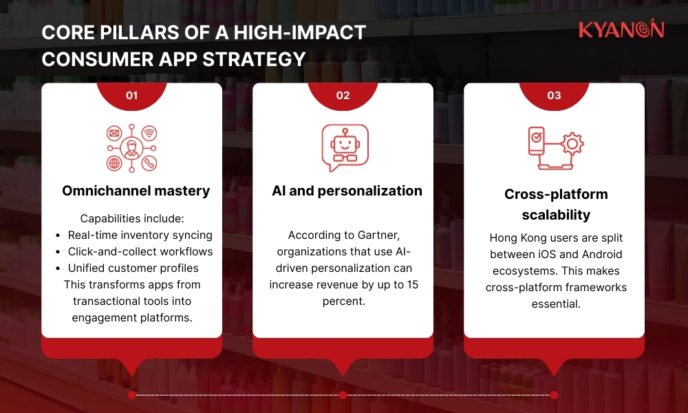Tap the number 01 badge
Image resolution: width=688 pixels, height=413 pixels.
click(131, 96)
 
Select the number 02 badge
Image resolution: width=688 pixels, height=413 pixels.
click(343, 96)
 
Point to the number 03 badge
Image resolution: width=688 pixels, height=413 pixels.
click(554, 96)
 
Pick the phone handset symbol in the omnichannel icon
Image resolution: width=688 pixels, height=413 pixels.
click(149, 164)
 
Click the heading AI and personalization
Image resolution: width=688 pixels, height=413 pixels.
click(347, 191)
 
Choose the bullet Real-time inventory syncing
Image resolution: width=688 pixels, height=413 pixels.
click(140, 235)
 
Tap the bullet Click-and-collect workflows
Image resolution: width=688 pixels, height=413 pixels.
click(140, 251)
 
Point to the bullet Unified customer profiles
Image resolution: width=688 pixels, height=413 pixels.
click(133, 268)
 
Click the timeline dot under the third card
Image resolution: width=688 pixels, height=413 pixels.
click(554, 395)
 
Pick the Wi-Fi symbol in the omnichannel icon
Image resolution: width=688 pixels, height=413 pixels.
click(149, 131)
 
